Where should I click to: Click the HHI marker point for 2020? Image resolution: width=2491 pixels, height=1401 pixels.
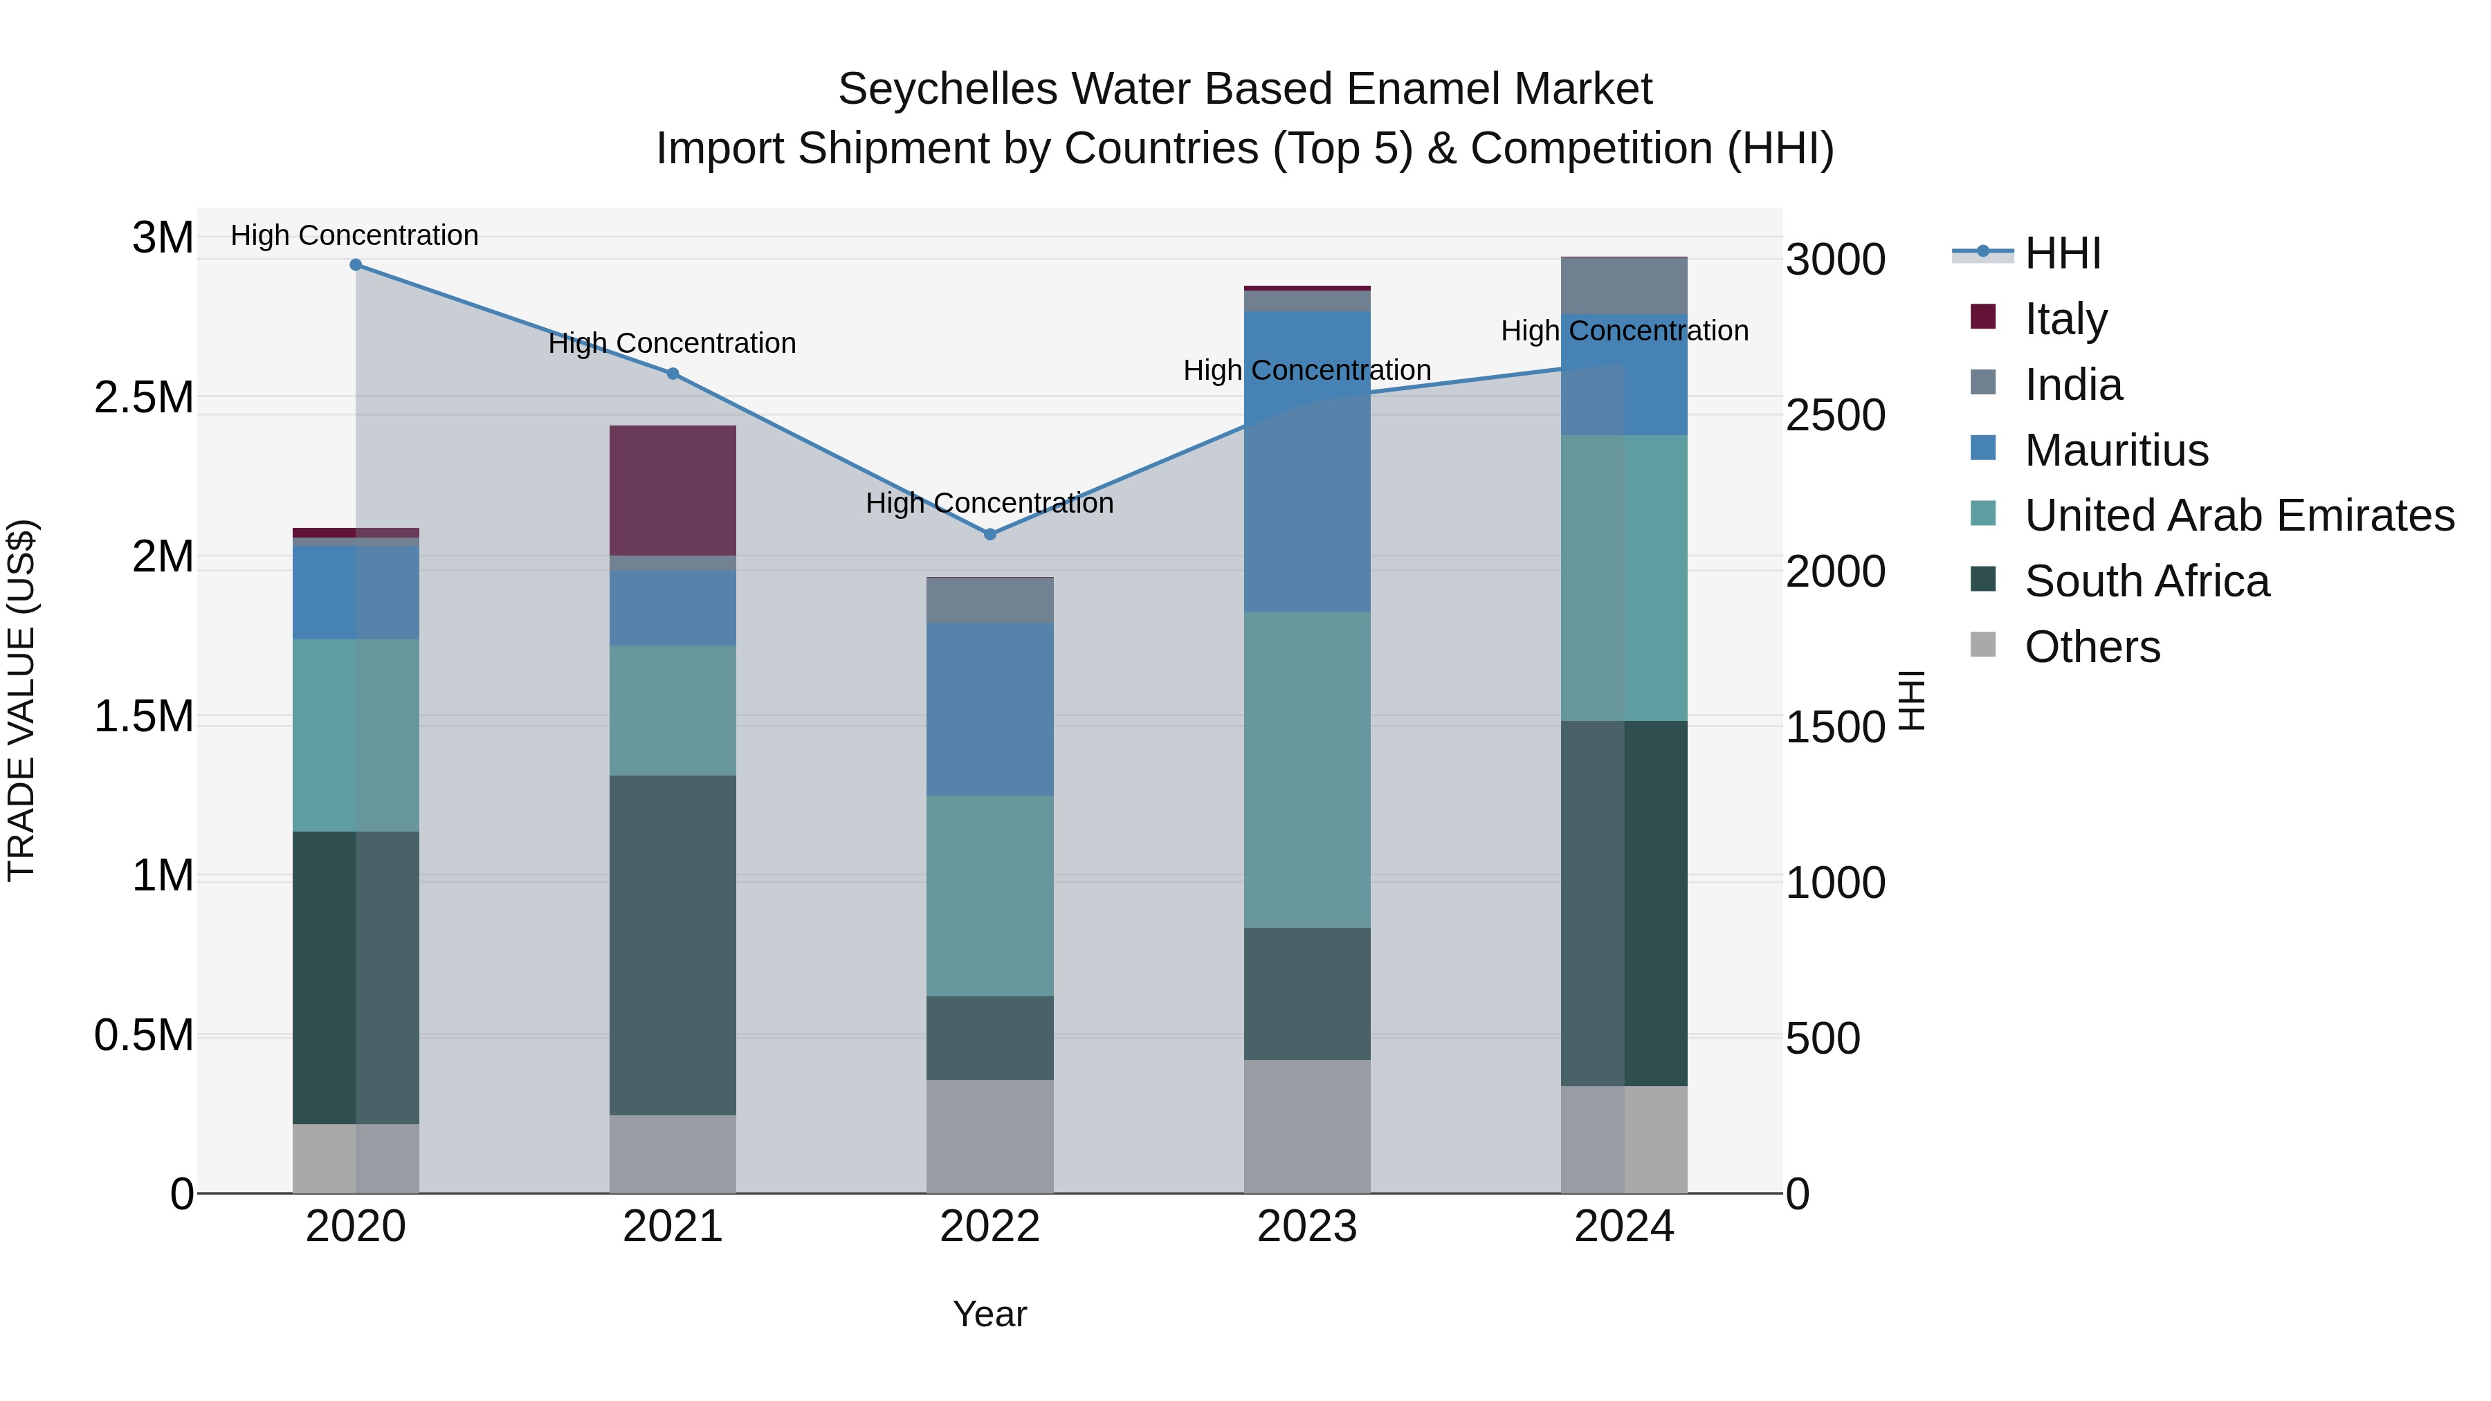click(356, 265)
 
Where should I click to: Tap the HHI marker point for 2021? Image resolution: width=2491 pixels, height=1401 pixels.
click(673, 373)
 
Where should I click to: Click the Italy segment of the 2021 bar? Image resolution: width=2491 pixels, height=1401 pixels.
click(673, 491)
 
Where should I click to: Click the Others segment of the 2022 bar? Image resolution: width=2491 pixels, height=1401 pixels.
click(989, 1136)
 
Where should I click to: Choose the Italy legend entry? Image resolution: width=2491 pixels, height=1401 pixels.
click(2065, 319)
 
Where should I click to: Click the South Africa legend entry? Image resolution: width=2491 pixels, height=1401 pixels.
click(2146, 581)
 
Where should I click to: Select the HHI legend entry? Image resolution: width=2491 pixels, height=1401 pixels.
click(2063, 253)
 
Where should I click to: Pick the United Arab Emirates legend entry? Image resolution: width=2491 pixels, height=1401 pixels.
click(2238, 515)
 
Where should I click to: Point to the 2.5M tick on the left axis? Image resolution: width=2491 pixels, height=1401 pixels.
click(144, 397)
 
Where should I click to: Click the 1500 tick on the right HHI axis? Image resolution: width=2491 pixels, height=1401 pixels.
click(1834, 727)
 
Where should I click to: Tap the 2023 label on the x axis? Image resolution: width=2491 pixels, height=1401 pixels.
click(1306, 1227)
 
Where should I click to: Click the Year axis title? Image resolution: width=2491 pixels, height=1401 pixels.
click(989, 1314)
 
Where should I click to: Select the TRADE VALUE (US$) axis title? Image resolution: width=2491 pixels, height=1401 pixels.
click(21, 700)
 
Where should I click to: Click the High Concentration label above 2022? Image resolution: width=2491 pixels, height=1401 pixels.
click(989, 503)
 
